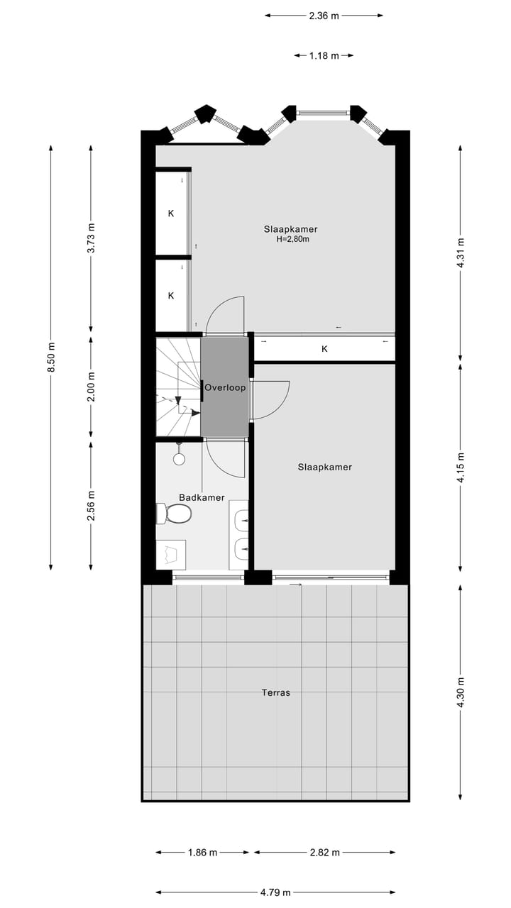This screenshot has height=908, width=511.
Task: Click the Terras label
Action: pyautogui.click(x=275, y=692)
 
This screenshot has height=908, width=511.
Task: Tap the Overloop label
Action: pyautogui.click(x=225, y=387)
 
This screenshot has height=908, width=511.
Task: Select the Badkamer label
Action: pyautogui.click(x=202, y=497)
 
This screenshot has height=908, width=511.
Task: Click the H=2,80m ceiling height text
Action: pyautogui.click(x=292, y=240)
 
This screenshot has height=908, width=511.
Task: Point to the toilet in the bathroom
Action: pyautogui.click(x=175, y=513)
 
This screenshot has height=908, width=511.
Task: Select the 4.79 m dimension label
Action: pyautogui.click(x=275, y=892)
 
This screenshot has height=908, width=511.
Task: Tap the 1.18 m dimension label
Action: pyautogui.click(x=324, y=55)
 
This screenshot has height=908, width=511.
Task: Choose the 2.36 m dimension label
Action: pyautogui.click(x=324, y=15)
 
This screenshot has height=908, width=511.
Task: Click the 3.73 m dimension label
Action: pyautogui.click(x=91, y=238)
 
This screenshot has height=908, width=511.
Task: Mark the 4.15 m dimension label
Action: pyautogui.click(x=461, y=467)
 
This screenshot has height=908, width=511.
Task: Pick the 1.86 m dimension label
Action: pyautogui.click(x=202, y=852)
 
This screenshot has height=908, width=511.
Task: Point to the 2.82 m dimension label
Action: pyautogui.click(x=324, y=852)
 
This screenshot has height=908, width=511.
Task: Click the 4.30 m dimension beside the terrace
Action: pyautogui.click(x=461, y=692)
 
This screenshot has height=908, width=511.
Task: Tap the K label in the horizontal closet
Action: pyautogui.click(x=324, y=348)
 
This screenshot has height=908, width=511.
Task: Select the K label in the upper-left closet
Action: pyautogui.click(x=171, y=213)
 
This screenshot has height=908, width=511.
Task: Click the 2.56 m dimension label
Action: pyautogui.click(x=91, y=504)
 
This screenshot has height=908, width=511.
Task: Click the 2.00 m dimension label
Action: pyautogui.click(x=91, y=387)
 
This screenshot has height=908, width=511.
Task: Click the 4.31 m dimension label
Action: pyautogui.click(x=461, y=252)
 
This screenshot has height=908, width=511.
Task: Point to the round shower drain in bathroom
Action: pyautogui.click(x=179, y=459)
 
